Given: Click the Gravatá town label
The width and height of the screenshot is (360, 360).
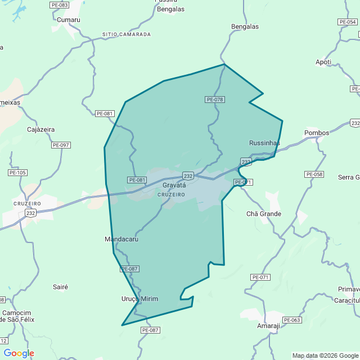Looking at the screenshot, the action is click(174, 185).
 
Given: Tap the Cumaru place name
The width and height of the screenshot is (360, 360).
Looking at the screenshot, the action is click(69, 20).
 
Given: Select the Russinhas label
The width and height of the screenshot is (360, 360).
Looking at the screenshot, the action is click(264, 143).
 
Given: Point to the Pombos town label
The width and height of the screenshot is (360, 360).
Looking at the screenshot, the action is click(317, 133).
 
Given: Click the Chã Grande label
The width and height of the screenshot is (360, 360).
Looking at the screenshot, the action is click(264, 214).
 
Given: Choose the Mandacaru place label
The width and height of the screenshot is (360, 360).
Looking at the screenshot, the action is click(121, 239).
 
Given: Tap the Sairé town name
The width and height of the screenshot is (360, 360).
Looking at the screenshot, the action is click(60, 287).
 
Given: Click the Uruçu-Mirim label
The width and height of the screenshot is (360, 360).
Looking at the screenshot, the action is click(139, 299).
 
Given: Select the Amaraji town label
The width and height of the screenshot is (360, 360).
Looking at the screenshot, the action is click(268, 326).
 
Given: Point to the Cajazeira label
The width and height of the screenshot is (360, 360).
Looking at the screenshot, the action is click(41, 129).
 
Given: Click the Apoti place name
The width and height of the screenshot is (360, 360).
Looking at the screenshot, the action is click(323, 62).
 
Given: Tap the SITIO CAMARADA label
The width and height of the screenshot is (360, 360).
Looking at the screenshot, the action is click(127, 34).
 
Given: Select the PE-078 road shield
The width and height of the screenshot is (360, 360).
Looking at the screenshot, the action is click(215, 100).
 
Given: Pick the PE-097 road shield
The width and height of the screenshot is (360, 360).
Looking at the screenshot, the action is click(61, 145).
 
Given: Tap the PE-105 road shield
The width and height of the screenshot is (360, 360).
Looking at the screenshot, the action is click(17, 172).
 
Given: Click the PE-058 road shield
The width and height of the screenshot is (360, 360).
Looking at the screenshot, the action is click(314, 174).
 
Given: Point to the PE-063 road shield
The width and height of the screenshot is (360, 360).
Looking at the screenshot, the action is click(292, 320).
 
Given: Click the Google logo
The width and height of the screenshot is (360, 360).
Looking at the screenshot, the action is click(19, 353).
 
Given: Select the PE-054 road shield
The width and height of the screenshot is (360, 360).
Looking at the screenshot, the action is click(347, 22).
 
